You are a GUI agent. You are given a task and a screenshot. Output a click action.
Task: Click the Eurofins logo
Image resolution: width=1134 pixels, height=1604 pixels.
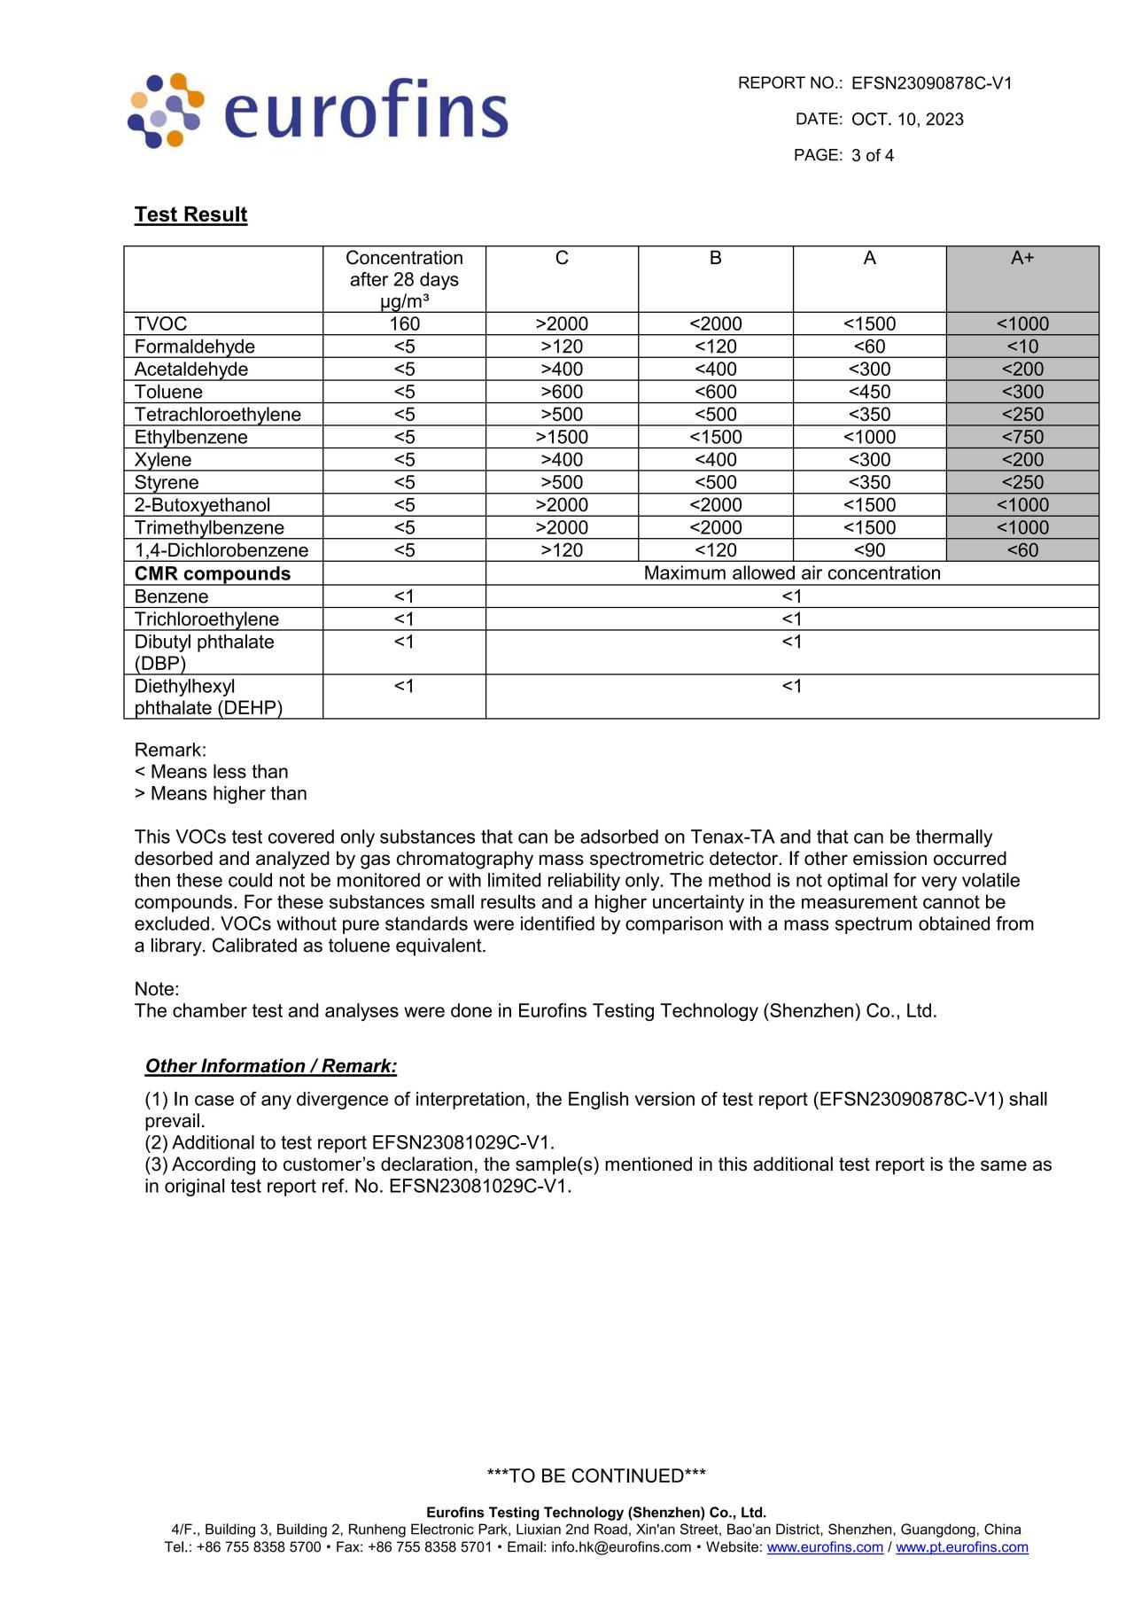tap(318, 110)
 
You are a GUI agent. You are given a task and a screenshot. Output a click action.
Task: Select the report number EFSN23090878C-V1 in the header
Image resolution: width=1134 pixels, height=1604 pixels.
tap(931, 83)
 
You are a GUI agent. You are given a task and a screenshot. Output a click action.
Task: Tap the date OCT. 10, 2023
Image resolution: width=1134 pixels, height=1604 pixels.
tap(907, 120)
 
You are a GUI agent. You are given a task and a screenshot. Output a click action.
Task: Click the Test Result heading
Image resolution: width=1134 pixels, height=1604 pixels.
tap(190, 214)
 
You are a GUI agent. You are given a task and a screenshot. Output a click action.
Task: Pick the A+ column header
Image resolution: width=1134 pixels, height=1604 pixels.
tap(1022, 258)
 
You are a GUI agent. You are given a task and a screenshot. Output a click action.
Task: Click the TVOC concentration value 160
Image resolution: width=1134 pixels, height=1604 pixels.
tap(404, 324)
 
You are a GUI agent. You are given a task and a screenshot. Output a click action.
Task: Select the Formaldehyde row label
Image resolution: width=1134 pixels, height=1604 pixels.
tap(195, 346)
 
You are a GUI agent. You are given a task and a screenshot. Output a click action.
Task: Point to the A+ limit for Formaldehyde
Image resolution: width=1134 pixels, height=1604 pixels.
tap(1022, 346)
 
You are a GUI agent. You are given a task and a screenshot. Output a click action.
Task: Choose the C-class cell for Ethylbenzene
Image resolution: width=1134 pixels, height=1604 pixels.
tap(562, 437)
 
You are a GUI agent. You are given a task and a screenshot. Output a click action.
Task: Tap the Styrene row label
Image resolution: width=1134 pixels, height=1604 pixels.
tap(167, 482)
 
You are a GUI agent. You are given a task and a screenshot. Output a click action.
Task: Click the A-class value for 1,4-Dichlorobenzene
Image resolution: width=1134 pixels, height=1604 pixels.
tap(869, 550)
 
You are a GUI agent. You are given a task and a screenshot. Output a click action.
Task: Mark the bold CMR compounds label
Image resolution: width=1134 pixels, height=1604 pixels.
tap(213, 573)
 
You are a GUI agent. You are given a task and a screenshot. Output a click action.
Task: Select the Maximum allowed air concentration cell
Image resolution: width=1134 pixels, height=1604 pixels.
tap(792, 573)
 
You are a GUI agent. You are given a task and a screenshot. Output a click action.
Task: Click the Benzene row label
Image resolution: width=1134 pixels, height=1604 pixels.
tap(171, 596)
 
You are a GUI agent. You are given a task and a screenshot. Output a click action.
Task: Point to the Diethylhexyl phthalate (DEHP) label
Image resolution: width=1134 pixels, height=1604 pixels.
tap(208, 697)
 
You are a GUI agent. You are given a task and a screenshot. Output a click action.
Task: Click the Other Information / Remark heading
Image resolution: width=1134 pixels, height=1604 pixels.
tap(271, 1066)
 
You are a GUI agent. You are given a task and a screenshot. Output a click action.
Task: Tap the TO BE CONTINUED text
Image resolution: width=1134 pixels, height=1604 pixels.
tap(596, 1476)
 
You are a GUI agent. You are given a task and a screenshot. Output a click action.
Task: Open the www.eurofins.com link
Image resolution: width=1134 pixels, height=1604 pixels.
tap(825, 1547)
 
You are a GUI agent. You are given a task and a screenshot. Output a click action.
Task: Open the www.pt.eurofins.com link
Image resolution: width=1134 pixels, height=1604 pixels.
tap(961, 1547)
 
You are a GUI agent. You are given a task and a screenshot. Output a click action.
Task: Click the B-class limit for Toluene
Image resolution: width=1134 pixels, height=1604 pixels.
tap(715, 392)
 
